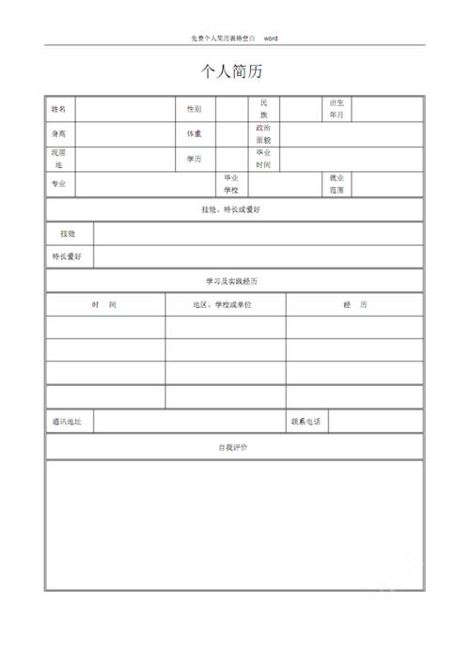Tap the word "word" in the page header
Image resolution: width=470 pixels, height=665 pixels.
(271, 39)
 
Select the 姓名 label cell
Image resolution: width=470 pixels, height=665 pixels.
(59, 109)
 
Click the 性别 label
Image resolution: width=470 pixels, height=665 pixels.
(194, 109)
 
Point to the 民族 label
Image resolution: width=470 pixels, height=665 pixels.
(264, 108)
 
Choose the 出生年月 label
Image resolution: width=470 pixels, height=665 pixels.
(337, 108)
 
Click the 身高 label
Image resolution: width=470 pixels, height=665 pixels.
(59, 134)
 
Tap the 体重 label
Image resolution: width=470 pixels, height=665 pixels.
(194, 134)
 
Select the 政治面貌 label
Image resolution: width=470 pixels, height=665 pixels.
(264, 133)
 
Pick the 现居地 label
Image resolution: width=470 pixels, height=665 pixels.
(59, 159)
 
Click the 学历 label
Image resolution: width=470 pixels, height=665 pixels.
(194, 159)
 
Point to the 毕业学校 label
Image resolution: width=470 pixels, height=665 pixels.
(231, 184)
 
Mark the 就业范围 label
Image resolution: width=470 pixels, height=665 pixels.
(337, 184)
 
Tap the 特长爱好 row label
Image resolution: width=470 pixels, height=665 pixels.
(67, 256)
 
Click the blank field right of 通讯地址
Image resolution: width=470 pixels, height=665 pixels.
(188, 423)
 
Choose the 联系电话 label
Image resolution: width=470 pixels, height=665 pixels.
(306, 423)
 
